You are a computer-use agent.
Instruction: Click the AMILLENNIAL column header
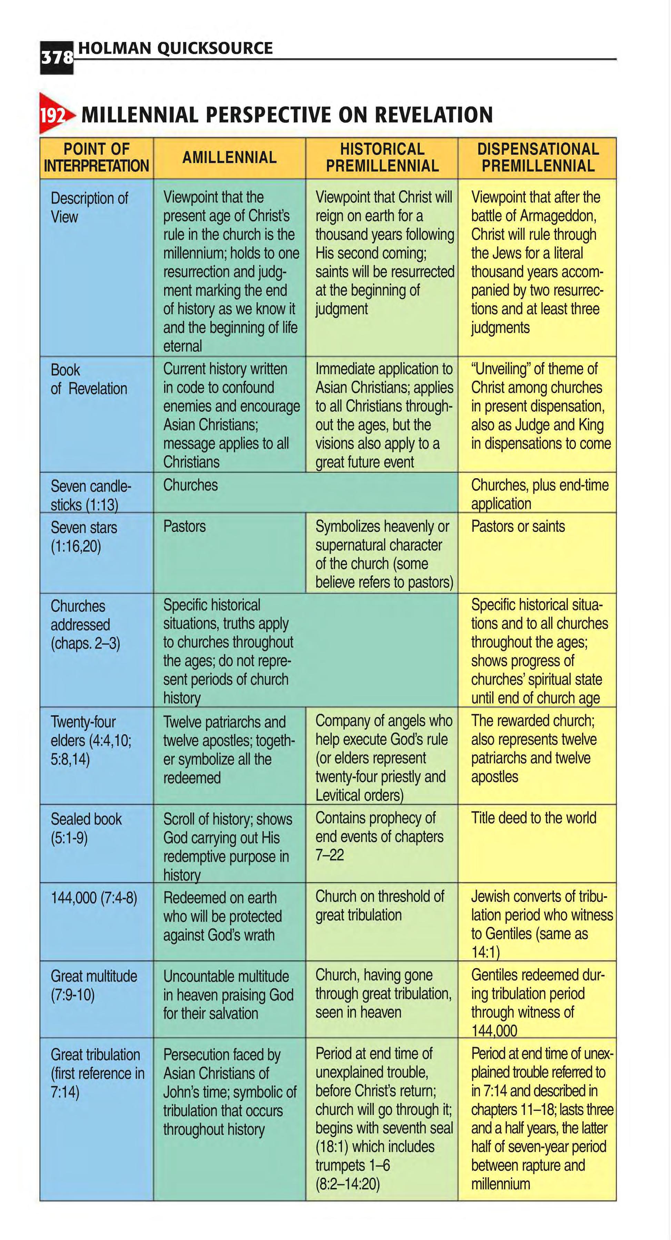(229, 157)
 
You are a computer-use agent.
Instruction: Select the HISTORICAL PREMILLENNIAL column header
(382, 157)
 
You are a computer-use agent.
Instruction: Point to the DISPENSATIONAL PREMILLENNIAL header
(538, 157)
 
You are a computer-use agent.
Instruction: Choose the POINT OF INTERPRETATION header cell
(96, 157)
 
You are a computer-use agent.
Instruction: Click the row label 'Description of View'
(89, 207)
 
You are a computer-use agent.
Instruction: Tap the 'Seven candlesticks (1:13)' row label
(91, 495)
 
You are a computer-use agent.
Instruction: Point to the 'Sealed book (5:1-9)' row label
(86, 828)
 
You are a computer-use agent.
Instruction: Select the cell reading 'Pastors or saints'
(518, 526)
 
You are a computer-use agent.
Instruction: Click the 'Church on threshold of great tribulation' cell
(380, 905)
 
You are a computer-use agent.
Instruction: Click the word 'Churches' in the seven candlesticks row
(190, 485)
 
